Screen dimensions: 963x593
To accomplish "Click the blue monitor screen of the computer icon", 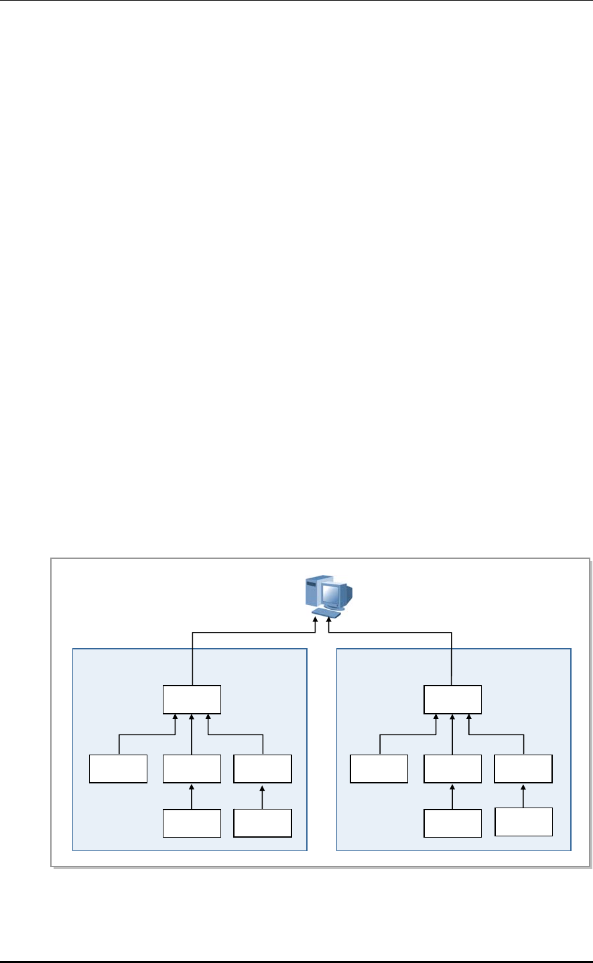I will [333, 594].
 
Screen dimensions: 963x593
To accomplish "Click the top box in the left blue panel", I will [192, 700].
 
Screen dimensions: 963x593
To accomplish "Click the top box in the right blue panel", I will [452, 700].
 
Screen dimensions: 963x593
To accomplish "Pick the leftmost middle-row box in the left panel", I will [119, 769].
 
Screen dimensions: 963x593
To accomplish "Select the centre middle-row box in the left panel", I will [192, 769].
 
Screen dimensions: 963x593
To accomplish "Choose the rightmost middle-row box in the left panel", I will [263, 769].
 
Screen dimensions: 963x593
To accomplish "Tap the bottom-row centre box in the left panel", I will [192, 823].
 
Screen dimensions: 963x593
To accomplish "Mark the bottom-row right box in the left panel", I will [263, 823].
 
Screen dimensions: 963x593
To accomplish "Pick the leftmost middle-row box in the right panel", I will [379, 769].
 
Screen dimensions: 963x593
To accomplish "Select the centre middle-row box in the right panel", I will [452, 769].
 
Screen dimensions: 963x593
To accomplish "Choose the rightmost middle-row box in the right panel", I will [523, 769].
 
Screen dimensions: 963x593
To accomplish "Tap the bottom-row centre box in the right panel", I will [452, 823].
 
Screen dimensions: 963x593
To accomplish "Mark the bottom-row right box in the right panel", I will [523, 822].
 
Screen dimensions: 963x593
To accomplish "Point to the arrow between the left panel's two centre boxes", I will [192, 796].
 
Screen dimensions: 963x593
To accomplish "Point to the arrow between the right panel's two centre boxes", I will [452, 796].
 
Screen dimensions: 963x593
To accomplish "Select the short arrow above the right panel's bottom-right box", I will [523, 795].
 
